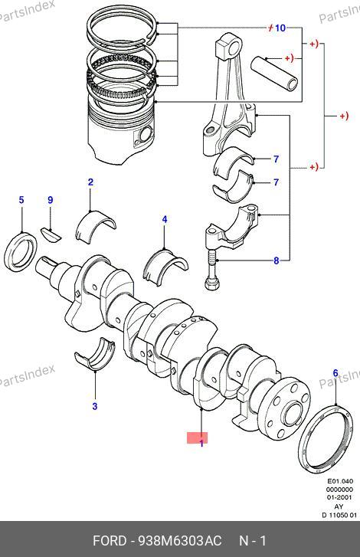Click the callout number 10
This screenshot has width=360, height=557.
[x=280, y=28]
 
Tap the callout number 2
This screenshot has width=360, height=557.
[x=90, y=182]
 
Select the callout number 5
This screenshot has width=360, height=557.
[x=21, y=200]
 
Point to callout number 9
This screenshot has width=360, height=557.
[x=51, y=200]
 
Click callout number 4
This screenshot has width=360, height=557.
[x=165, y=220]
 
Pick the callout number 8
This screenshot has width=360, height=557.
[x=277, y=260]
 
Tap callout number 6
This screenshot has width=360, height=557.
[x=335, y=373]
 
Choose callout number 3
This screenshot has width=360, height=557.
[x=95, y=406]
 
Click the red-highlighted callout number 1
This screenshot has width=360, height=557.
[x=201, y=444]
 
